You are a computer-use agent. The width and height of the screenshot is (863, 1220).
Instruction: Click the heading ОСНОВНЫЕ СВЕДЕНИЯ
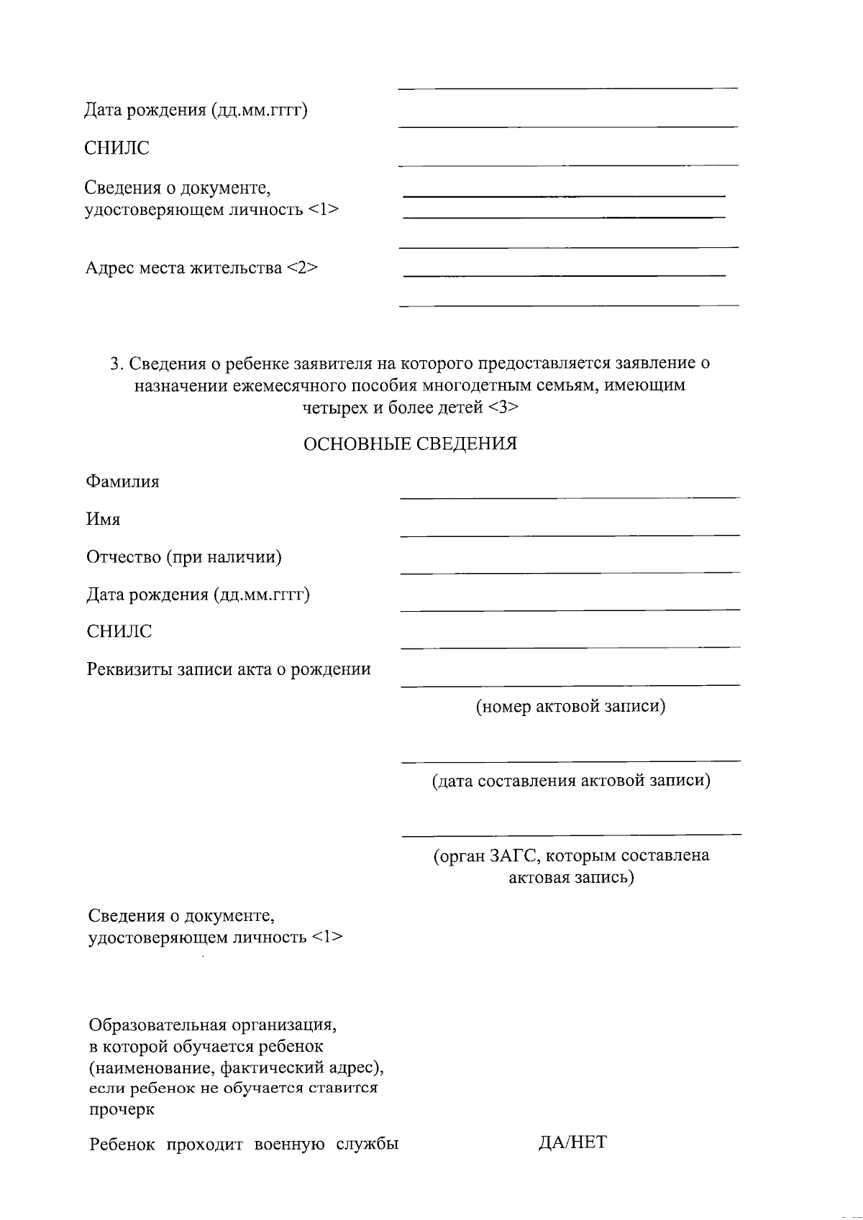pyautogui.click(x=410, y=444)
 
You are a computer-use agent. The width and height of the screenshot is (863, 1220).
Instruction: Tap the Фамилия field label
pyautogui.click(x=123, y=482)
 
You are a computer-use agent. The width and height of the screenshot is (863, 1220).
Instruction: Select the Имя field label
pyautogui.click(x=104, y=519)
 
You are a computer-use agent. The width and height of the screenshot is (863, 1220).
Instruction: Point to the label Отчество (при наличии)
pyautogui.click(x=184, y=557)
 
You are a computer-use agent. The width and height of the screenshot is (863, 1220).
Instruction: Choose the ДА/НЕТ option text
pyautogui.click(x=572, y=1142)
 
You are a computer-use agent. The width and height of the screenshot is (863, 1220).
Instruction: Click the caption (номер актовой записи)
pyautogui.click(x=570, y=707)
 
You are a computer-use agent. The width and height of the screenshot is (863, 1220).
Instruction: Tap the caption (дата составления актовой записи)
pyautogui.click(x=571, y=781)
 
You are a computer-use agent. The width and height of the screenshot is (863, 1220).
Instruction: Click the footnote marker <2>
pyautogui.click(x=302, y=268)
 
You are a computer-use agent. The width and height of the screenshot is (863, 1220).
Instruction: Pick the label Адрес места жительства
pyautogui.click(x=184, y=268)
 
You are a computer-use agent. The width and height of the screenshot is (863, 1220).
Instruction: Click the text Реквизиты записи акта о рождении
pyautogui.click(x=229, y=669)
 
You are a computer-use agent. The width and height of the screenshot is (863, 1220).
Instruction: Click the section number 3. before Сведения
pyautogui.click(x=117, y=364)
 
